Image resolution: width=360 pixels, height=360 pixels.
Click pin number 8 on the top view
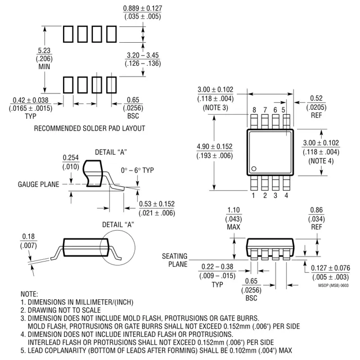click(254, 110)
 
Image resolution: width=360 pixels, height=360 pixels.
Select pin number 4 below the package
click(286, 195)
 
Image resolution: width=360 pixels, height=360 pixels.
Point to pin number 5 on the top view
click(283, 110)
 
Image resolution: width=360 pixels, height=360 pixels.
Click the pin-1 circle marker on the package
click(254, 169)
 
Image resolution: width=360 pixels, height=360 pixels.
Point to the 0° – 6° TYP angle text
click(137, 170)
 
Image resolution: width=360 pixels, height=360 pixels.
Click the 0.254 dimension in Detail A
click(70, 157)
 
